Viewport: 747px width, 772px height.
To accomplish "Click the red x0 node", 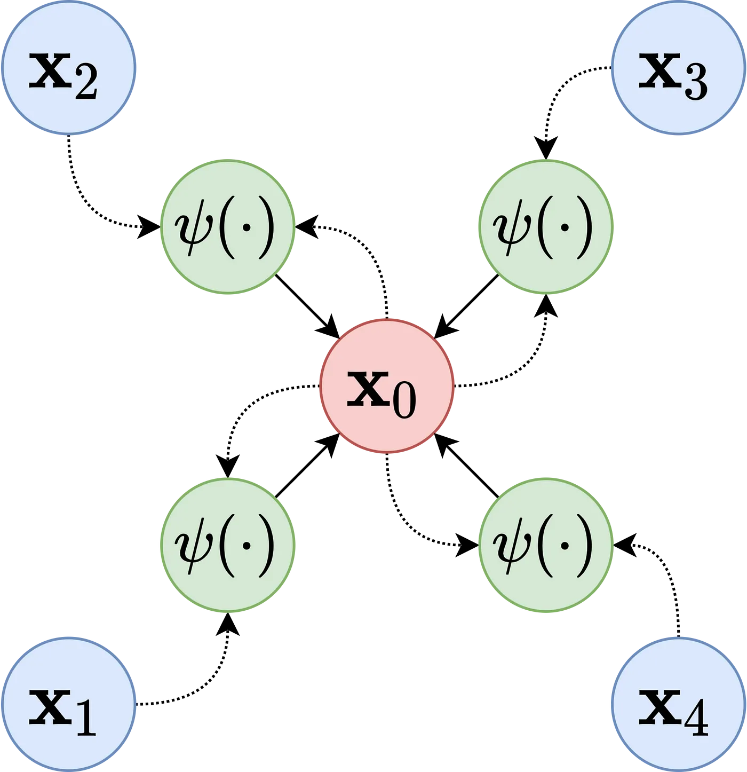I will coord(386,386).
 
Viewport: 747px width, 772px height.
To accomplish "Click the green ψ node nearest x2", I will coord(228,226).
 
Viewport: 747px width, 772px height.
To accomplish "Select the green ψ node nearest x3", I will coord(545,226).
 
